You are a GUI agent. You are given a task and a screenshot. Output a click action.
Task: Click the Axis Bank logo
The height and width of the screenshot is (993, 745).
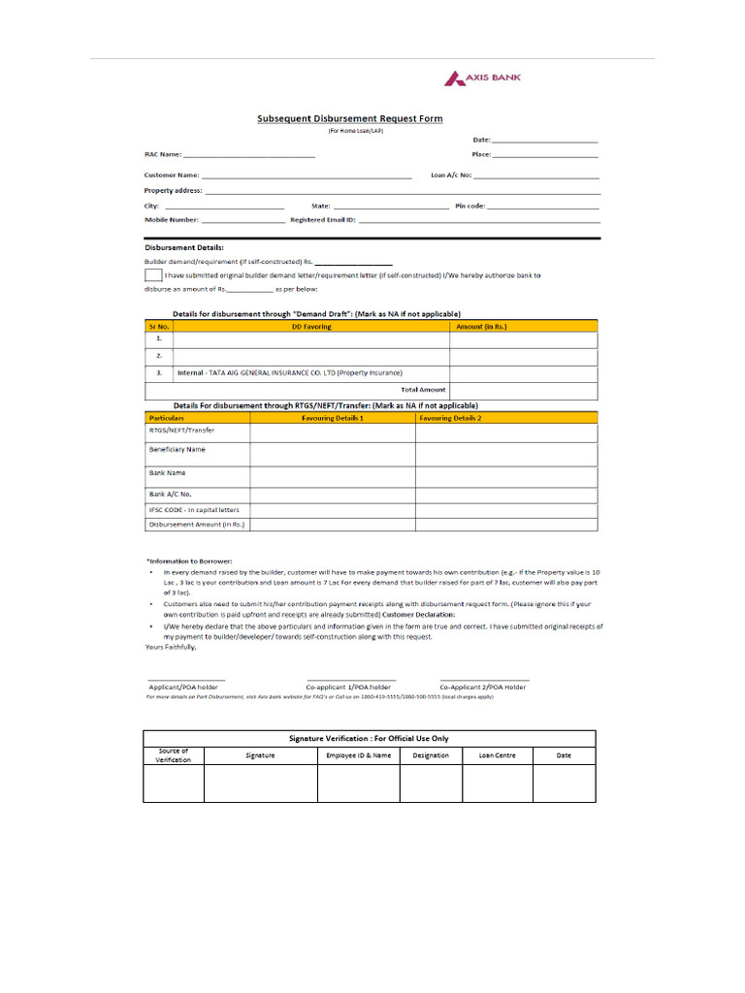(482, 79)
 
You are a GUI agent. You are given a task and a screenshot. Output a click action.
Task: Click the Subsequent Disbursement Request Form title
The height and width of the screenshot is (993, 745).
(349, 118)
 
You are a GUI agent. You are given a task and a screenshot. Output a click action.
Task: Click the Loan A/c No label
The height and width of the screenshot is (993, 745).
(451, 176)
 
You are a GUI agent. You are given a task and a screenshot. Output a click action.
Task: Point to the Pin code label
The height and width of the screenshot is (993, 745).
(470, 206)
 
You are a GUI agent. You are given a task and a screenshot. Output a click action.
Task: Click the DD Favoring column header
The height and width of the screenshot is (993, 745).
(311, 327)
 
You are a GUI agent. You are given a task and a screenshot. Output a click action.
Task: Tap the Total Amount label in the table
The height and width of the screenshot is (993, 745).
(423, 389)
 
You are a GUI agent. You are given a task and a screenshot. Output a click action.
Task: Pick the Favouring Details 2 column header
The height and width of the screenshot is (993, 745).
(449, 417)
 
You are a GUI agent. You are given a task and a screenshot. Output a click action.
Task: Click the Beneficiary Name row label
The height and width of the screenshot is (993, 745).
(177, 450)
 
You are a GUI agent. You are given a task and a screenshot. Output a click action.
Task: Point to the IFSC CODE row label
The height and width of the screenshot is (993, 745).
(193, 509)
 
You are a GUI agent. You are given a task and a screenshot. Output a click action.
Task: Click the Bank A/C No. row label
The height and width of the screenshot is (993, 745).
(170, 493)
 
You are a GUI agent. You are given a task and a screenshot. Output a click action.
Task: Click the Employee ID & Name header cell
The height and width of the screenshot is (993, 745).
(359, 754)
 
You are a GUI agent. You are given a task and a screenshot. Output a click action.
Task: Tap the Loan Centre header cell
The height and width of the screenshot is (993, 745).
(498, 754)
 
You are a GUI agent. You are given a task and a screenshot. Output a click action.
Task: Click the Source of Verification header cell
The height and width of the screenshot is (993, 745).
(174, 754)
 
